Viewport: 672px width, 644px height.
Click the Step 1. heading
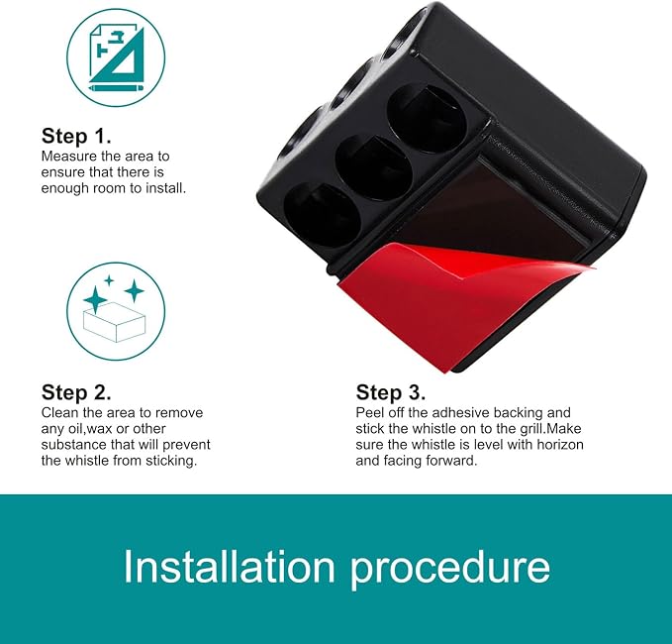click(x=76, y=136)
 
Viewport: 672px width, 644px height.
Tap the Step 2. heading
click(x=76, y=392)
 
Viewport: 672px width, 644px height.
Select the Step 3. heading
click(x=391, y=392)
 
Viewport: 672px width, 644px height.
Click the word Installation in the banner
click(x=230, y=567)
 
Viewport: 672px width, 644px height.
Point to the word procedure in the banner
click(x=450, y=570)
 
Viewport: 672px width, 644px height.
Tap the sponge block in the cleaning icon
click(x=115, y=322)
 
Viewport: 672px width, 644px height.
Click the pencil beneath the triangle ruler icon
click(x=116, y=88)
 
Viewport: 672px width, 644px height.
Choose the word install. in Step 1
click(x=166, y=188)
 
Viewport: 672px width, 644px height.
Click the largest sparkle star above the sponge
click(x=95, y=299)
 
